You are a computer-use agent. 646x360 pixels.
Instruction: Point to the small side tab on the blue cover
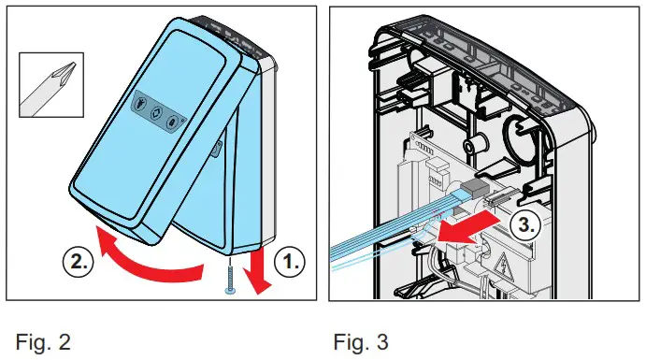tap(217, 151)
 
